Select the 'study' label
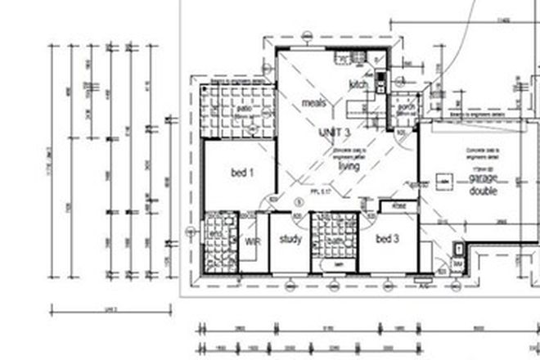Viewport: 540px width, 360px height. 290,240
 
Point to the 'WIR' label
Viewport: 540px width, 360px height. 252,241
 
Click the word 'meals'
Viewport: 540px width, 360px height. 314,103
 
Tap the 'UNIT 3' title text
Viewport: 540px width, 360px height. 335,133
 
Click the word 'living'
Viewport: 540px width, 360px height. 349,166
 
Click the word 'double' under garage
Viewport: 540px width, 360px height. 483,191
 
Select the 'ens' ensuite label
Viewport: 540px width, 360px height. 216,234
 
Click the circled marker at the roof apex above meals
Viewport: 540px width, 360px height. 306,35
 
